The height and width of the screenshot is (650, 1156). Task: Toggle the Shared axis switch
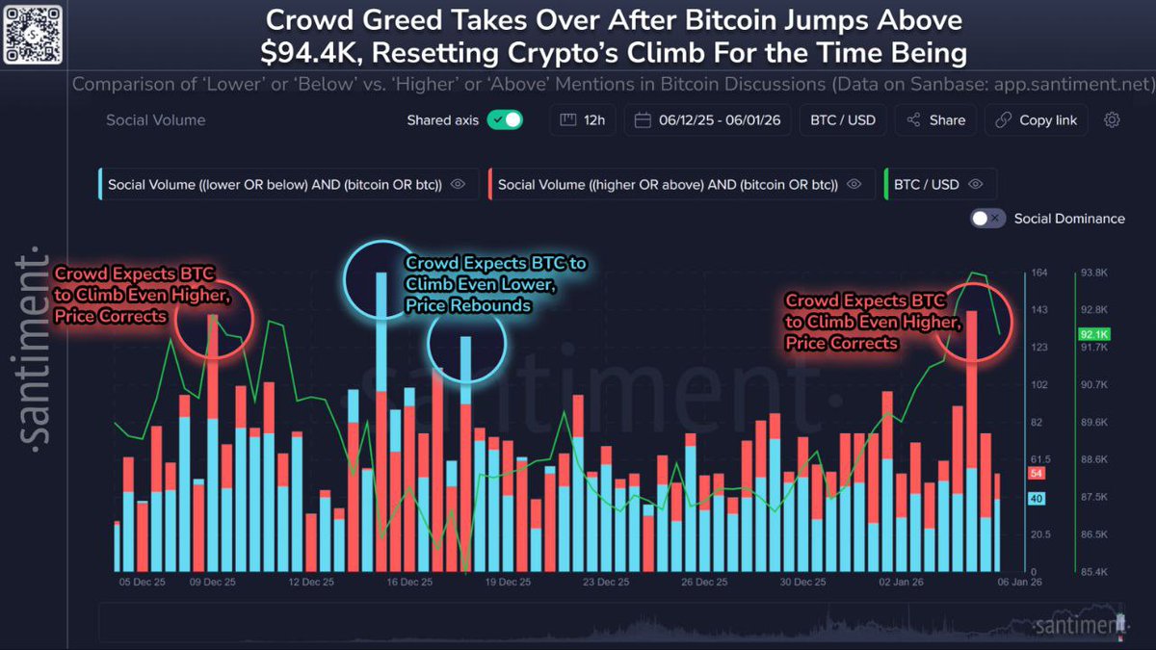[504, 120]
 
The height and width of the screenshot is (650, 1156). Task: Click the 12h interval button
[583, 120]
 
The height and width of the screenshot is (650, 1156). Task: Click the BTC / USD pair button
[843, 120]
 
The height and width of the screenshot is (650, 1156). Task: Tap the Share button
[935, 120]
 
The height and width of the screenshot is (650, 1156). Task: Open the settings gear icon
[1112, 120]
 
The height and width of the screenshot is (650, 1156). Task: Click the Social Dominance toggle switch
[988, 219]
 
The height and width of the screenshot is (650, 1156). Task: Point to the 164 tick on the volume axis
[1039, 273]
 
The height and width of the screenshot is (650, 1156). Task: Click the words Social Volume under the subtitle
[156, 120]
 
